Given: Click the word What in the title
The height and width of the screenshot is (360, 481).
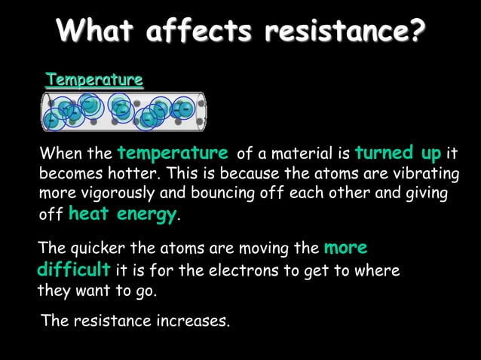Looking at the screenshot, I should coord(96,32).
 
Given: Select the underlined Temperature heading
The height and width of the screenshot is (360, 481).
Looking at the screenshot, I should coord(94,79).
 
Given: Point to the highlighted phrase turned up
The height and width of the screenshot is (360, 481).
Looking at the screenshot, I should coord(398,154).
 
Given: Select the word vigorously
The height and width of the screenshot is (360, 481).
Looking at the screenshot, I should coord(111,194).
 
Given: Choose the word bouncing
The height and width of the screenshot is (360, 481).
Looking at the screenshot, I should coord(216,194).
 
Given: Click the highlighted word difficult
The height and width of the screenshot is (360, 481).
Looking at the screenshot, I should coord(73,269).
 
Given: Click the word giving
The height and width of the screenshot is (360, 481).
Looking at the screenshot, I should coord(427,194).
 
